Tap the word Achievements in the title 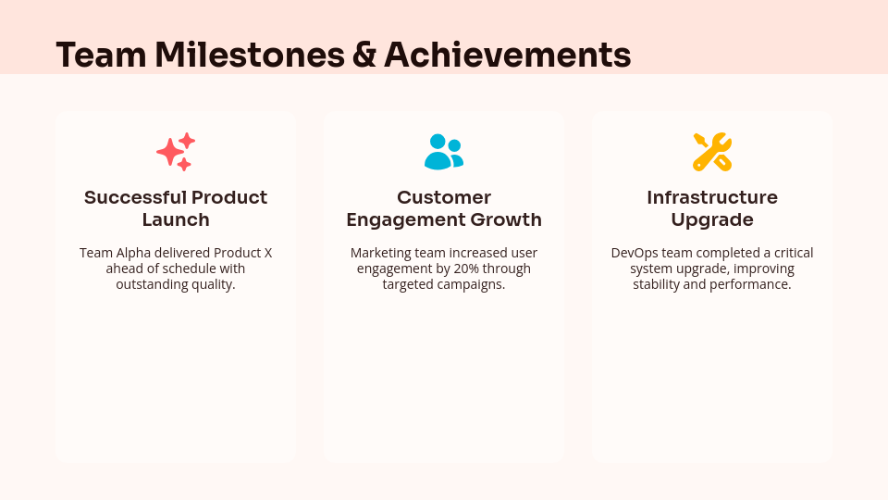[507, 56]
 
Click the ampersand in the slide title [364, 56]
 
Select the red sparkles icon [176, 152]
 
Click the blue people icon [444, 152]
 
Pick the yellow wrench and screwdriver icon [712, 152]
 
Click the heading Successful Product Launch [176, 208]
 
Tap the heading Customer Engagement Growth [444, 208]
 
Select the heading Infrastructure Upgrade [712, 208]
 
